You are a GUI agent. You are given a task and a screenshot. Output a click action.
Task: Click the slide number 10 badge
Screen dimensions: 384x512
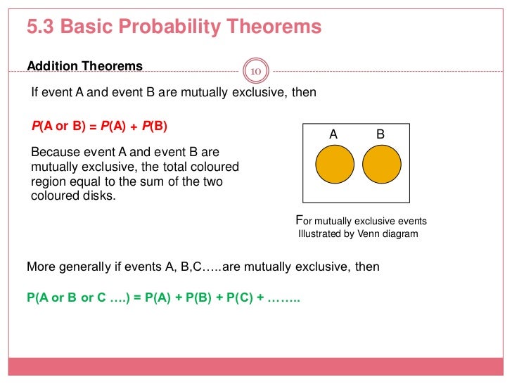pyautogui.click(x=255, y=71)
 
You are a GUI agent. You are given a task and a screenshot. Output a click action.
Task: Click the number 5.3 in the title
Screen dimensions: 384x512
pyautogui.click(x=41, y=27)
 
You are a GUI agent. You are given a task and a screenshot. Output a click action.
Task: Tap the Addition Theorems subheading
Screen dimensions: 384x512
pyautogui.click(x=84, y=67)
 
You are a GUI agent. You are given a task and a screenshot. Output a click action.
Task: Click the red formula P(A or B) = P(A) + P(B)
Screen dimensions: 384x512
pyautogui.click(x=99, y=127)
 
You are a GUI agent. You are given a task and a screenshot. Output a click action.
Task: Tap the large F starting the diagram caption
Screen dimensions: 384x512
pyautogui.click(x=297, y=219)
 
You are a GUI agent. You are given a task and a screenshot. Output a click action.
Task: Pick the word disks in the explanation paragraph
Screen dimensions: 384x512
pyautogui.click(x=98, y=196)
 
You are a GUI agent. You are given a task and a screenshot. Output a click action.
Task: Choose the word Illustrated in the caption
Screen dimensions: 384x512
pyautogui.click(x=321, y=234)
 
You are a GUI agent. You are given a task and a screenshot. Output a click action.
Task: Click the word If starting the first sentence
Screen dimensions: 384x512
pyautogui.click(x=38, y=93)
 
